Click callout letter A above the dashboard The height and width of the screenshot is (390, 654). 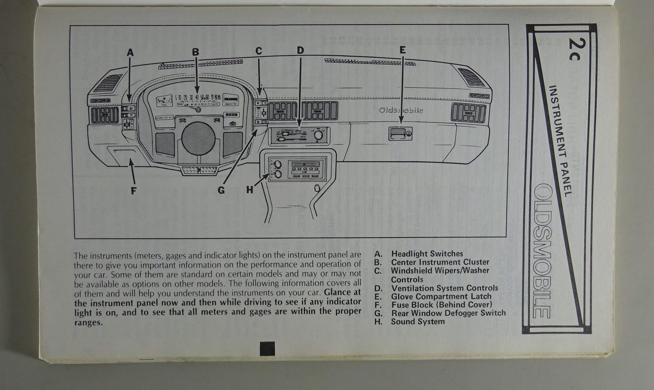130,52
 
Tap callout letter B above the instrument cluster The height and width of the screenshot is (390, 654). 196,52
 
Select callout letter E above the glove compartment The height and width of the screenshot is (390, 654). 403,50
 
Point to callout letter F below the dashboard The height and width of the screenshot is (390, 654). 134,191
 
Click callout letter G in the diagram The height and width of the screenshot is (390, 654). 221,190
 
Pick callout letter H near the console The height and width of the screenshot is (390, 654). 250,190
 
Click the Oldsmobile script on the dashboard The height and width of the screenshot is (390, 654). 401,110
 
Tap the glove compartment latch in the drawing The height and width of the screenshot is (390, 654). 400,133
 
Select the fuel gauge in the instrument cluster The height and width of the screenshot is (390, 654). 164,100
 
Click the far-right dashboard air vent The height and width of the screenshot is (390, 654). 468,113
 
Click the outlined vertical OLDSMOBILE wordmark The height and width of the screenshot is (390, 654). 544,251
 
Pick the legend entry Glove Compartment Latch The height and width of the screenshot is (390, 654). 441,296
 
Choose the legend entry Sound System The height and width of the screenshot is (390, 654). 418,321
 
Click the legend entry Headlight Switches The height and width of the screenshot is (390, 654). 427,254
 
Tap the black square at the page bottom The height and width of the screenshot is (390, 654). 267,348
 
